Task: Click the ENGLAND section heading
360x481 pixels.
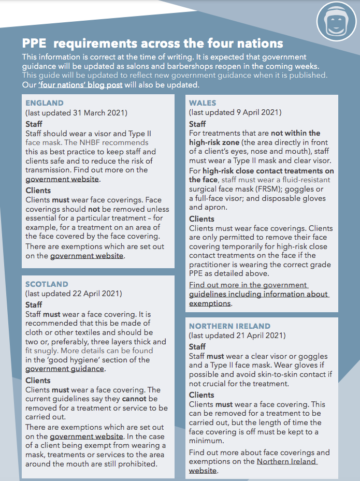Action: point(45,103)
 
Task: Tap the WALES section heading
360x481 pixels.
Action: point(203,103)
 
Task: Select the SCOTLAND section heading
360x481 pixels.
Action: point(47,284)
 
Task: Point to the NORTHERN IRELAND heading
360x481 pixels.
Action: point(229,326)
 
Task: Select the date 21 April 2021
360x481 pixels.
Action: point(261,336)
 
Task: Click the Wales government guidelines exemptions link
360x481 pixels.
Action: point(258,294)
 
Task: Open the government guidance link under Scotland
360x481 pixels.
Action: point(65,369)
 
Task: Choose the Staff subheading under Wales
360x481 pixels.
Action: point(197,124)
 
